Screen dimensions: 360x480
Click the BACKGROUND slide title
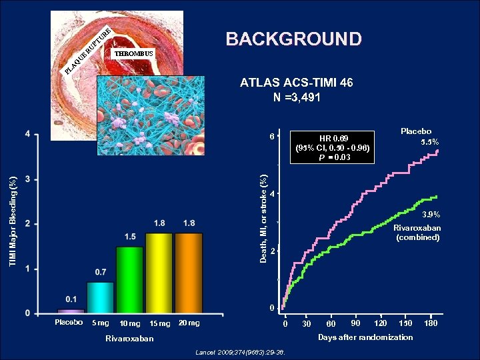[x=293, y=39]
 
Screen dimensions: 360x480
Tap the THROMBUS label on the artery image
[x=133, y=53]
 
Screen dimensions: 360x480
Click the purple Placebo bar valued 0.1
[x=71, y=311]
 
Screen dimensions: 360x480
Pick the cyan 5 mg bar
[x=100, y=297]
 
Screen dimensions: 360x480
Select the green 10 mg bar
[x=130, y=279]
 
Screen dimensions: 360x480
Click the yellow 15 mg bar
[x=159, y=273]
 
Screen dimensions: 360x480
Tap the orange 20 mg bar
[x=189, y=273]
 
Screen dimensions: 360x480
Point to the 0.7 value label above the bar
[x=100, y=272]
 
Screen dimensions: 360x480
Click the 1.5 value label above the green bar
[x=130, y=237]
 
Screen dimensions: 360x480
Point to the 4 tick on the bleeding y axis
[x=27, y=135]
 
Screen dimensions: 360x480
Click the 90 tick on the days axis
[x=356, y=323]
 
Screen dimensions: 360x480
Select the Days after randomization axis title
[x=365, y=337]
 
